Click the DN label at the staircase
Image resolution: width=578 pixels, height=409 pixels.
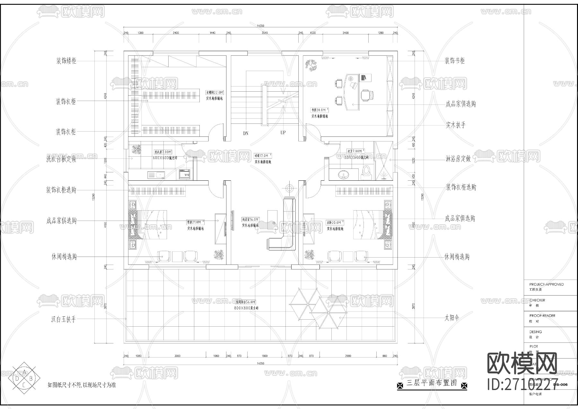click(246, 133)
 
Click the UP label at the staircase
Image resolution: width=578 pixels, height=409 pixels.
click(283, 132)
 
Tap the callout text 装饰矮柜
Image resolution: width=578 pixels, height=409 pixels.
click(66, 61)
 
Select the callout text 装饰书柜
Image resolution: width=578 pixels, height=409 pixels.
click(454, 61)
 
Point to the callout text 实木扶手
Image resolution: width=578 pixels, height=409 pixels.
click(455, 125)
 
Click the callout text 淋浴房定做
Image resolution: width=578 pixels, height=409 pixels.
click(458, 159)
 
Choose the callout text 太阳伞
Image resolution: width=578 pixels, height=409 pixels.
click(452, 318)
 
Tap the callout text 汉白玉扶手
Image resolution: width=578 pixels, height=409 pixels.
click(64, 319)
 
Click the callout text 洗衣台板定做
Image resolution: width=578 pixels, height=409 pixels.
click(61, 159)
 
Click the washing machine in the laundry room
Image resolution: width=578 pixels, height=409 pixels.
click(185, 174)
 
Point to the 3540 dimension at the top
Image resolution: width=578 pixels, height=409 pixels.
click(264, 33)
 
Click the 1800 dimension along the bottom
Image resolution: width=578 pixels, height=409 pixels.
click(264, 356)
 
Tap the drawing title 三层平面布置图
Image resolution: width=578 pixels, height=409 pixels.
click(432, 383)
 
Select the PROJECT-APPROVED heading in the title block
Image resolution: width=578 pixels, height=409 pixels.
click(546, 284)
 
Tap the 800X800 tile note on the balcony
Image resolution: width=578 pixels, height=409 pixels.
click(246, 308)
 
